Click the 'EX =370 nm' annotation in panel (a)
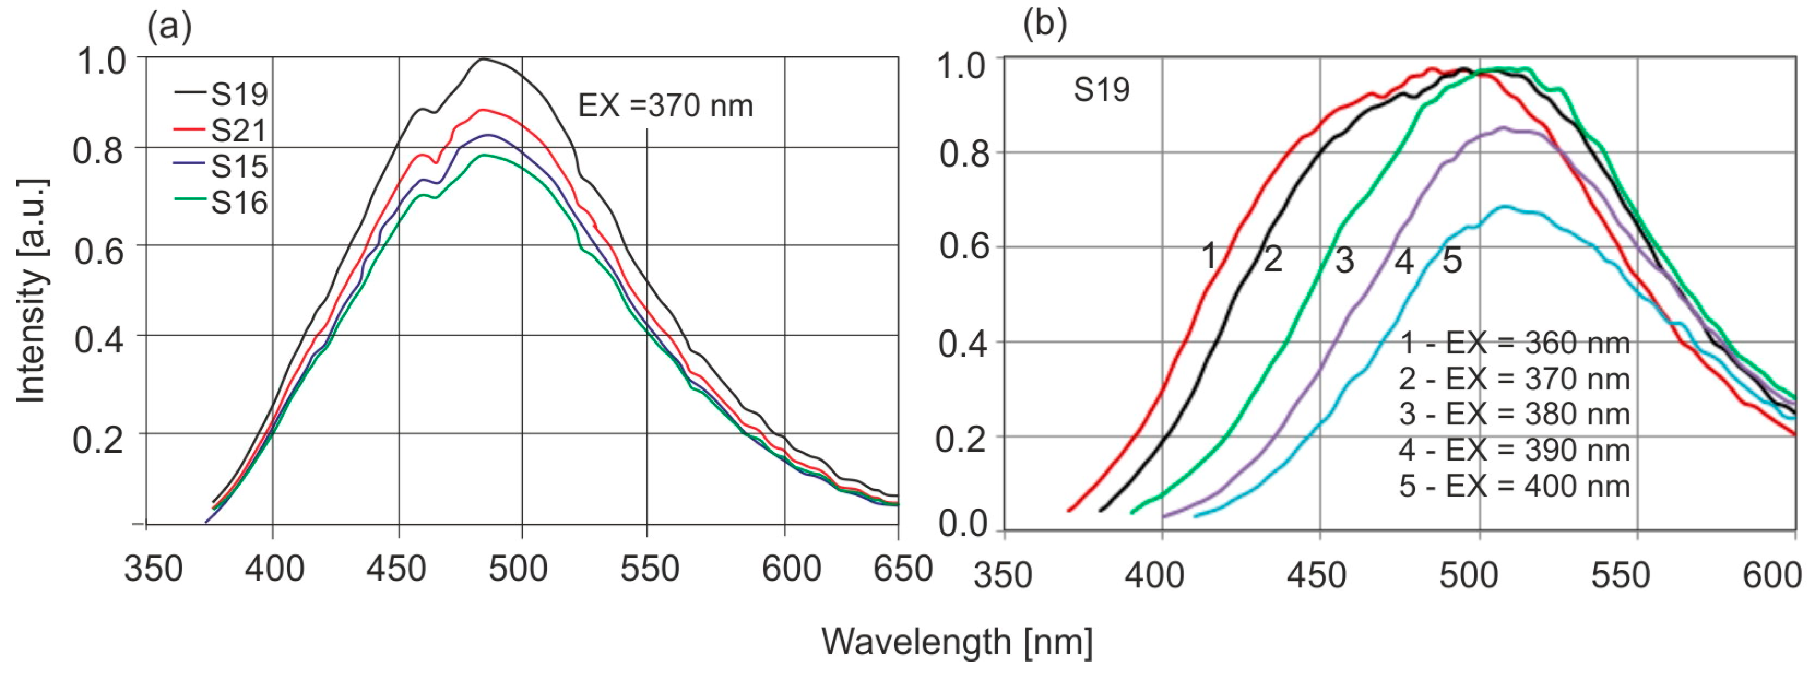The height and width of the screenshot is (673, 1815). coord(665,107)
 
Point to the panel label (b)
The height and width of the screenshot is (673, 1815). coord(1045,25)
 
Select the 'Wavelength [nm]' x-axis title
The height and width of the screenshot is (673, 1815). coord(957,641)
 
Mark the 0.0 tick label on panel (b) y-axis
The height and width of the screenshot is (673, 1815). coord(963,525)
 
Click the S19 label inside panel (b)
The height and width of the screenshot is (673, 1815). coord(1101,90)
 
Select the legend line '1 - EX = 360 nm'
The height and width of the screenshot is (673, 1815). coord(1514,343)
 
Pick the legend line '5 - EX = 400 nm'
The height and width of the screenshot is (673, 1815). coord(1514,486)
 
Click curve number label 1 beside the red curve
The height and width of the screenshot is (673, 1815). coord(1209,256)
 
